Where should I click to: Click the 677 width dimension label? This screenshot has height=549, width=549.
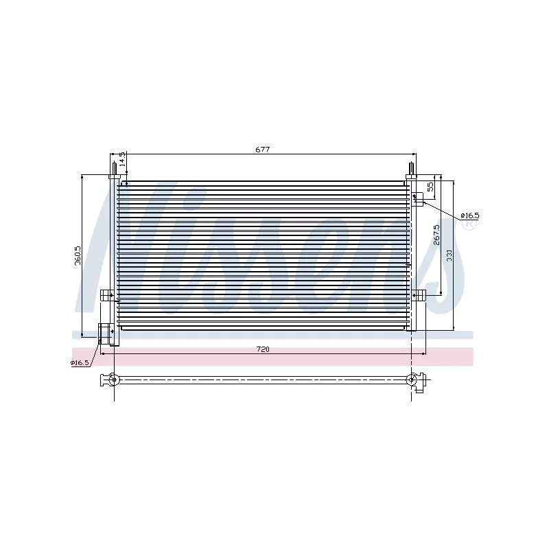coord(263,150)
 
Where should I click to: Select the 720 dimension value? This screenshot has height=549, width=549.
coord(263,349)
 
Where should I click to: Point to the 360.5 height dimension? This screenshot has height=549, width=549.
coord(78,255)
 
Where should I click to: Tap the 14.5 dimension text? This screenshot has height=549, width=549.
coord(122,159)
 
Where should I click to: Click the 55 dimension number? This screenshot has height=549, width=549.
coord(431,187)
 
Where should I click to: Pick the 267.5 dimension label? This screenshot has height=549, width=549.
coord(436,235)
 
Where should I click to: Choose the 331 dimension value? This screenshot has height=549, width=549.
coord(449,255)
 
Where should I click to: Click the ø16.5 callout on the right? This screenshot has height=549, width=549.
coord(469,215)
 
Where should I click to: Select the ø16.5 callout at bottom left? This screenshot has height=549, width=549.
coord(80,363)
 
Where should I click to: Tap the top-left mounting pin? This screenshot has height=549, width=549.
coord(114,170)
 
